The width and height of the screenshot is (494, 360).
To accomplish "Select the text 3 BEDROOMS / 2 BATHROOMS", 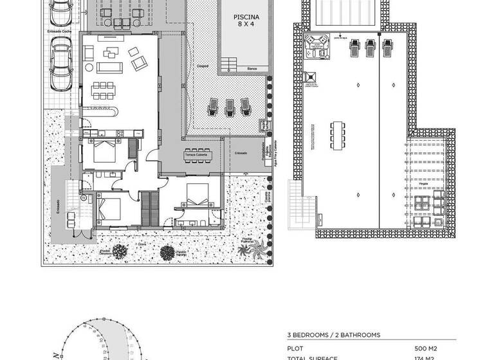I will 333,335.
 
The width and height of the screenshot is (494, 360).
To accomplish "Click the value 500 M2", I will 426,348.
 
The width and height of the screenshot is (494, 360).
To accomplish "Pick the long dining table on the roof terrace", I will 339,136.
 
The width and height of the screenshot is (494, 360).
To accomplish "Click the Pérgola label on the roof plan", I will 423,184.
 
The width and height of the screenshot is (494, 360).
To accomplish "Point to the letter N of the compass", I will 55,355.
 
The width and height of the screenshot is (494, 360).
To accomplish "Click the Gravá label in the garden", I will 141,244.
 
